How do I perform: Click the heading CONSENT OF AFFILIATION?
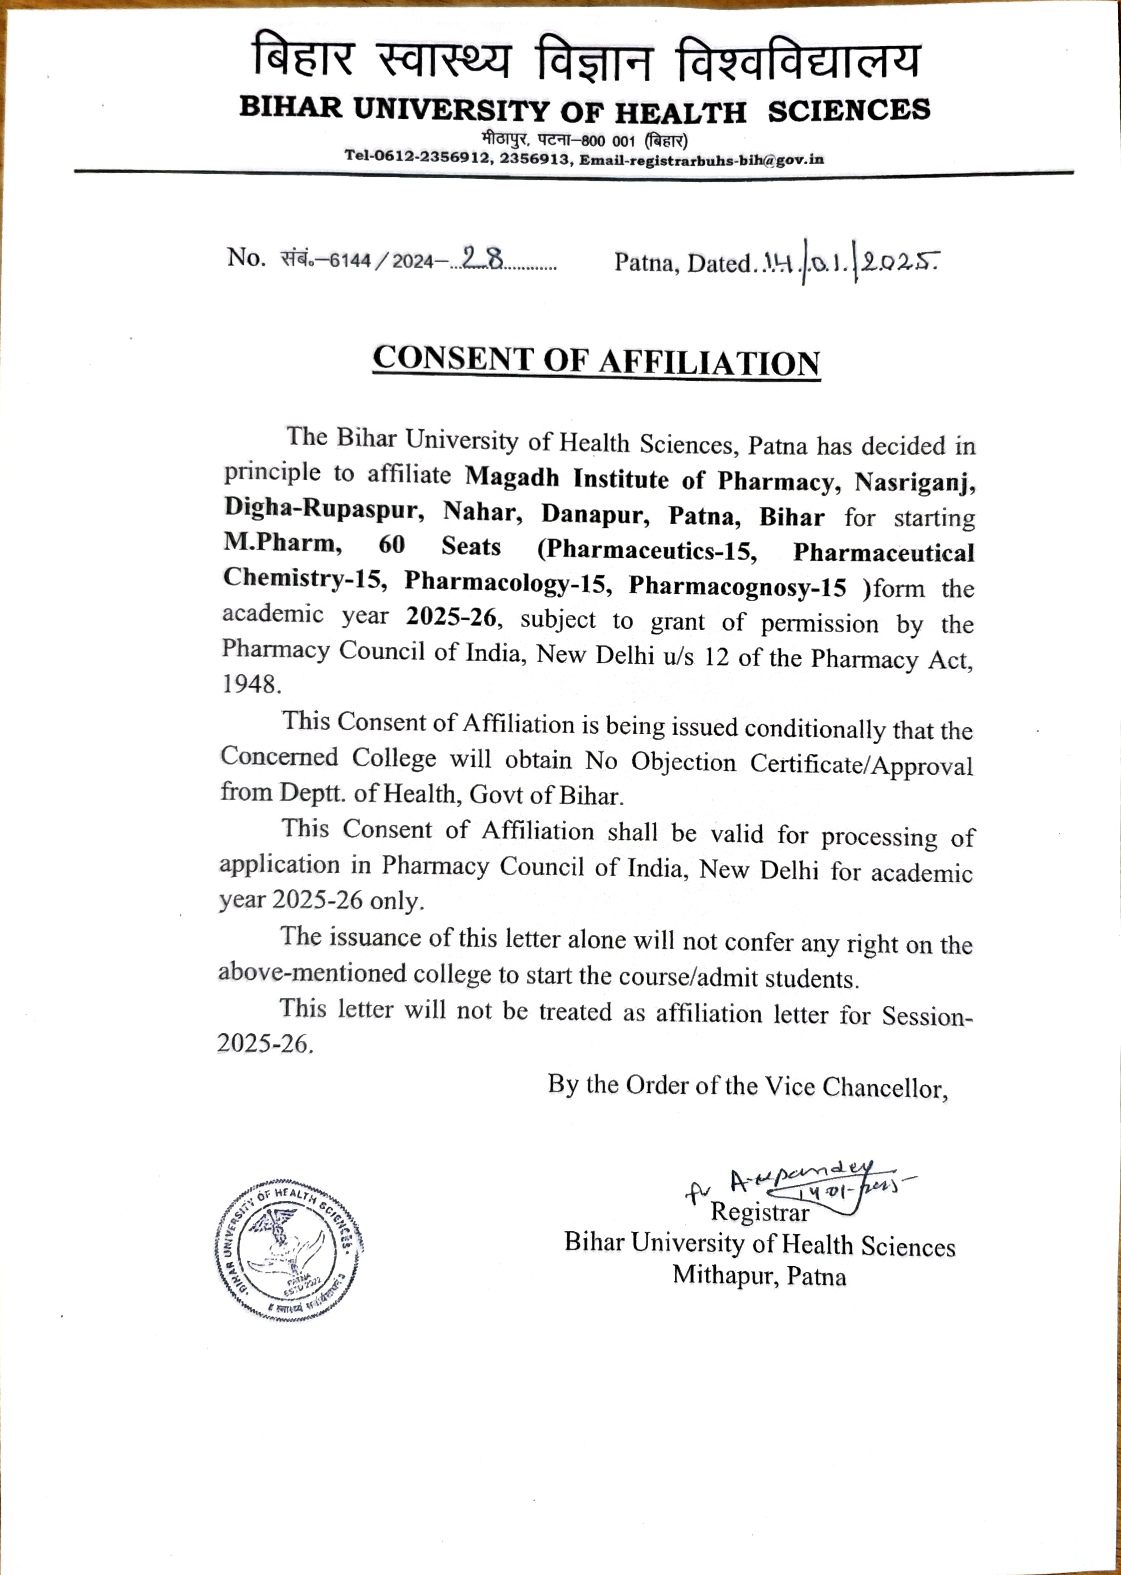tap(596, 361)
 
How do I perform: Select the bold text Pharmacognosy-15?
tap(737, 586)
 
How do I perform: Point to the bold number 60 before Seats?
tap(392, 545)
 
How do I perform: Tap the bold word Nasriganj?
tap(915, 482)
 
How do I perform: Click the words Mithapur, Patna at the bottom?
tap(759, 1275)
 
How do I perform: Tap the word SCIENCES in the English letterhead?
tap(849, 110)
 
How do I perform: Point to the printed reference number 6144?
tap(350, 261)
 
